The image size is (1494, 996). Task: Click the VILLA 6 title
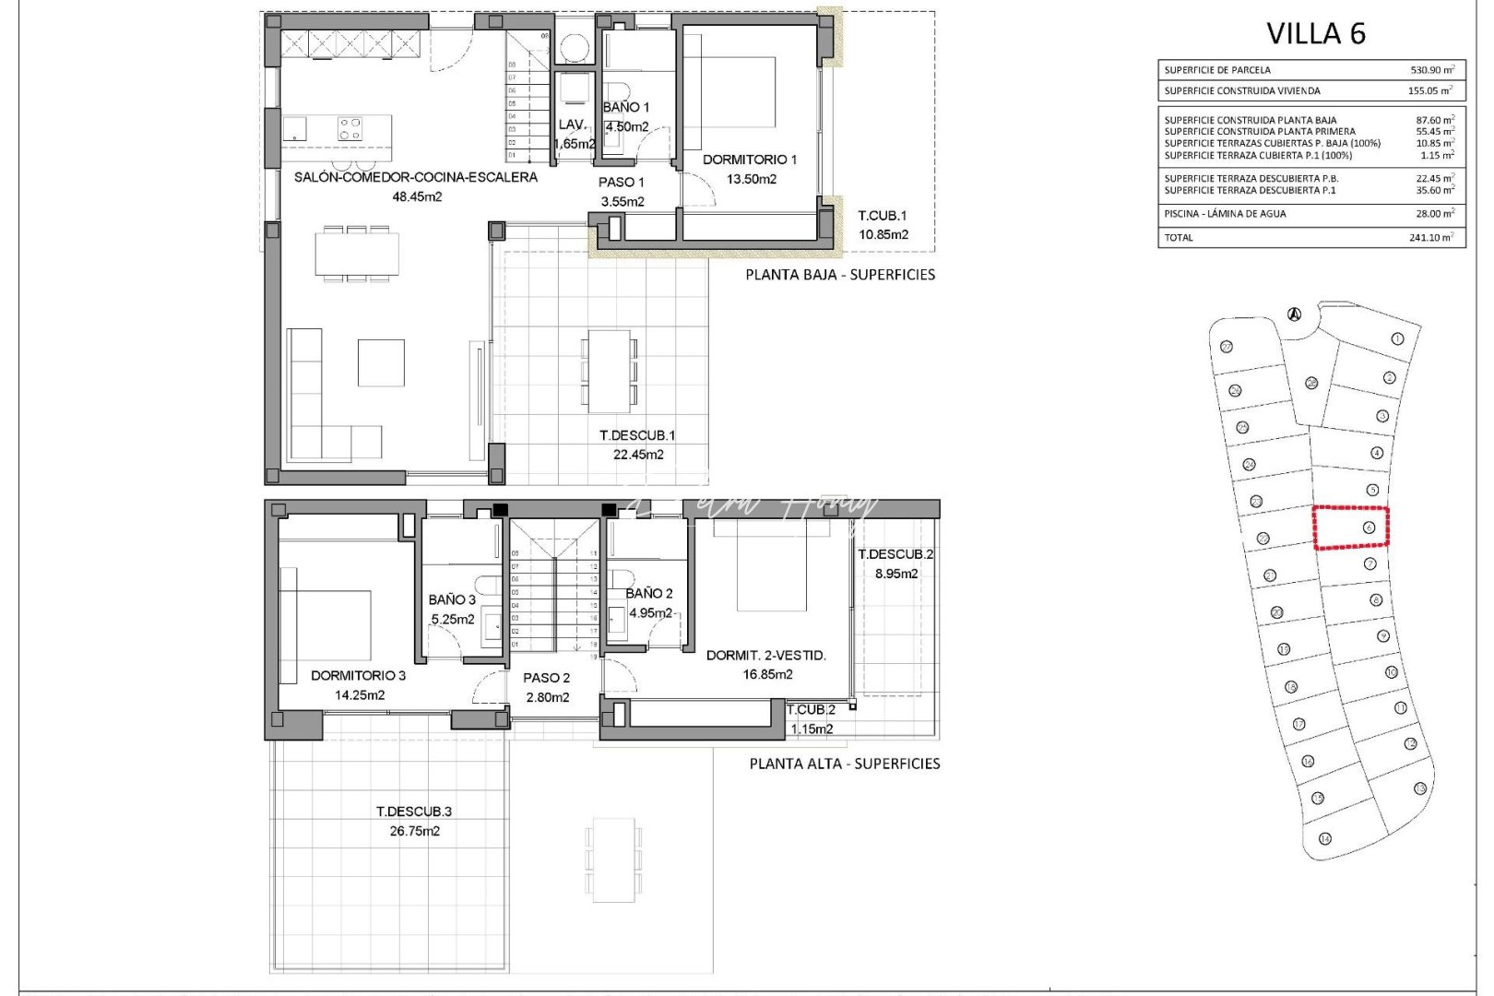click(x=1315, y=34)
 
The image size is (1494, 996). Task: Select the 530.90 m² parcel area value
click(x=1431, y=70)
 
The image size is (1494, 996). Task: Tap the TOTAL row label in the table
click(x=1179, y=238)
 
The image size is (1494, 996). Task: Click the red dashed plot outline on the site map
click(x=1350, y=528)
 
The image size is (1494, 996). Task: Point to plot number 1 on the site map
click(x=1397, y=339)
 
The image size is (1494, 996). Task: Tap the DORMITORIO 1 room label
click(x=749, y=160)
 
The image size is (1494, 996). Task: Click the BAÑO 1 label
click(x=626, y=108)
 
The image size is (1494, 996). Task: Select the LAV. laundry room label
click(x=572, y=125)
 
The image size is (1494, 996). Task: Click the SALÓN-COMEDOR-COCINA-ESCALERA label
click(x=415, y=177)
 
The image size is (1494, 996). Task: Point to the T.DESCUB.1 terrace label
click(x=637, y=435)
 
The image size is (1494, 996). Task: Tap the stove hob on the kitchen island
click(x=350, y=128)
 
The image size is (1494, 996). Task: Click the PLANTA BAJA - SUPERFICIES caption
click(x=839, y=275)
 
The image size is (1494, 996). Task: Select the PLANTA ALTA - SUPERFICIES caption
click(x=844, y=764)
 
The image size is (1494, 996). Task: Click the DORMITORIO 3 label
click(x=358, y=676)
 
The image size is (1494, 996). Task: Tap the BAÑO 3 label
click(x=452, y=600)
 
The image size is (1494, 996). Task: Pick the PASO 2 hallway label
click(x=546, y=678)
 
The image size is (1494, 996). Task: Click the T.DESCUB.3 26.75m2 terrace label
click(x=414, y=821)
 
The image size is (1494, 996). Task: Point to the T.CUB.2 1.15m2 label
click(x=811, y=718)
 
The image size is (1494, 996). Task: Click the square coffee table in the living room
click(x=381, y=362)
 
